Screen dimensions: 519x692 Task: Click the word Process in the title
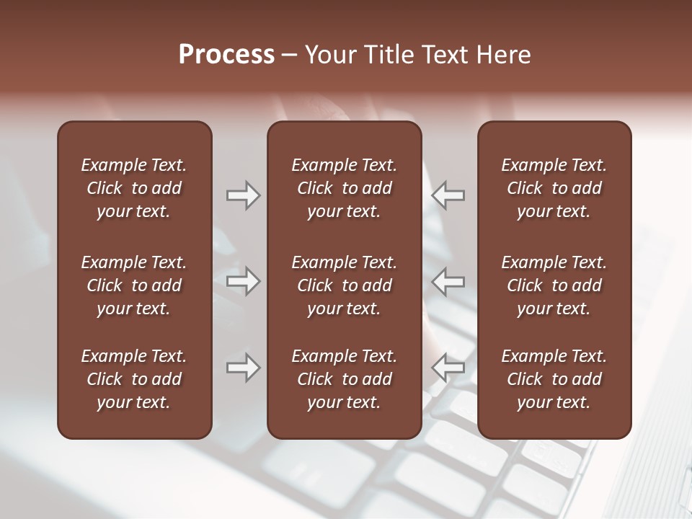226,55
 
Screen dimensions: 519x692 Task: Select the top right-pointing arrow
244,195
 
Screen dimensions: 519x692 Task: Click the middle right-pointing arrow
244,281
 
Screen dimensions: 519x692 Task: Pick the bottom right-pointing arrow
244,368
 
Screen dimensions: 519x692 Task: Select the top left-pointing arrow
448,195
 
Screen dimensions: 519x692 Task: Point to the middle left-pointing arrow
448,281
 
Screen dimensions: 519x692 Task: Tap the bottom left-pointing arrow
448,368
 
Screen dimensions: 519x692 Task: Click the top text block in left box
134,188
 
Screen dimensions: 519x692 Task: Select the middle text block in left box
134,285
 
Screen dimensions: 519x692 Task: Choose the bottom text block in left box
134,379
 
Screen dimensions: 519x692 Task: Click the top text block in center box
344,188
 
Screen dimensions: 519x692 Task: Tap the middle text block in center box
344,285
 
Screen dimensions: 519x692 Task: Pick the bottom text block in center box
344,379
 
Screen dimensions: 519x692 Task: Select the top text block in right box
554,188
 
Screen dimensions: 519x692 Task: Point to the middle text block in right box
554,285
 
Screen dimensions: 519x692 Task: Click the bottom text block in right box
554,379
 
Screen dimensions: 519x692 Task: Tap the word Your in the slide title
329,55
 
